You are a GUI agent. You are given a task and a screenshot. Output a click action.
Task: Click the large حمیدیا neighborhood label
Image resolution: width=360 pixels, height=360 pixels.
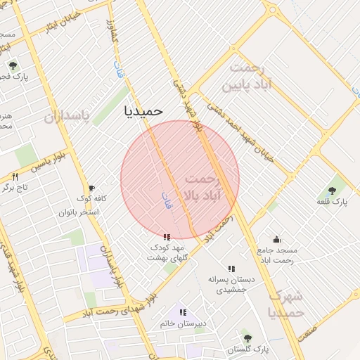143,110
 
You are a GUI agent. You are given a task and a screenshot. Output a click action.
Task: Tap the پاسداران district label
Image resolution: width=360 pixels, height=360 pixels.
67,116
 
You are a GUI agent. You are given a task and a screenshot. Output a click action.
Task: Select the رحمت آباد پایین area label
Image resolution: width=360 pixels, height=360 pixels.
247,77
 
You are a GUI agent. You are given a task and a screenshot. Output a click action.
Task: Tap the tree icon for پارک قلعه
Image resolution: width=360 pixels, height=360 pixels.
331,189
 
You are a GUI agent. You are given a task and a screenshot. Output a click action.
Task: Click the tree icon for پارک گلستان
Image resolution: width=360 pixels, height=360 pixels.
245,335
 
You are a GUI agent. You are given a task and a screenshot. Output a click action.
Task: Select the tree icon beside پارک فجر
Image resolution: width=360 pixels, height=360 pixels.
13,65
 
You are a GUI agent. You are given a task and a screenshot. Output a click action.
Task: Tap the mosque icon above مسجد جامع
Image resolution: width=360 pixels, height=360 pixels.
276,238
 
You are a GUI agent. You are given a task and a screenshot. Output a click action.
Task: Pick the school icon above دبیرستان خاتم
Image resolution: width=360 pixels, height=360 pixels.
183,312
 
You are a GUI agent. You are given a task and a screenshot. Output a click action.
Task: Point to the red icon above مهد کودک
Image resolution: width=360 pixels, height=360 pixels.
166,237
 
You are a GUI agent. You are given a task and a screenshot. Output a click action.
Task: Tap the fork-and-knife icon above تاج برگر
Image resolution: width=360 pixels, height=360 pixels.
15,176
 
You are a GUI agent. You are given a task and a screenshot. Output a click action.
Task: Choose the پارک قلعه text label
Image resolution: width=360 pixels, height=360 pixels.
331,202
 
